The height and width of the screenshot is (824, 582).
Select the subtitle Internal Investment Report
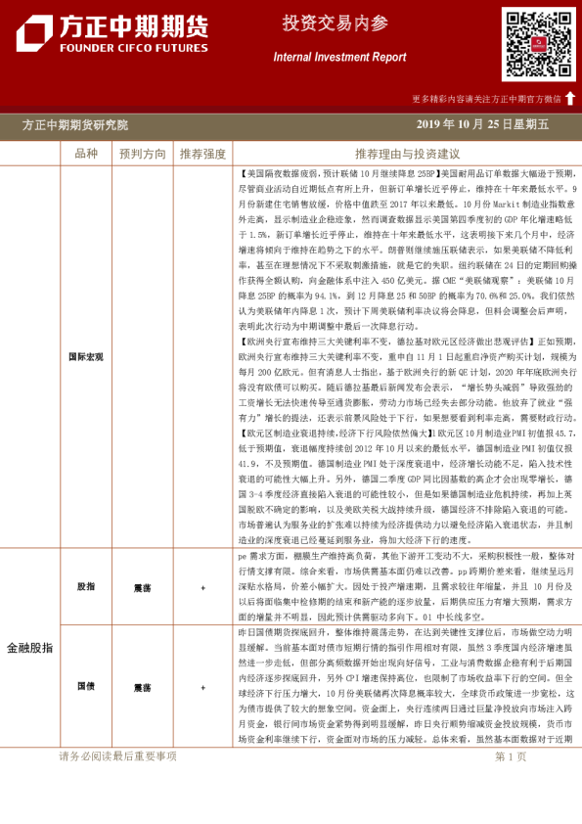point(339,57)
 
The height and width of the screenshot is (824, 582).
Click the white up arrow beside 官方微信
point(570,98)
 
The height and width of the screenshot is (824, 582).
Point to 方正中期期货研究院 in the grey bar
point(75,125)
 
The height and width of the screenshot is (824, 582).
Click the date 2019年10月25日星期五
point(482,125)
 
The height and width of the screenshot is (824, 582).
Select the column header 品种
point(86,154)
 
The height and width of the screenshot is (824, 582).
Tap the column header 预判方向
point(143,154)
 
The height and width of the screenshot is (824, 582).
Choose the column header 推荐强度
point(202,154)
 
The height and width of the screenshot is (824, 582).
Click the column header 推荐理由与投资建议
point(407,154)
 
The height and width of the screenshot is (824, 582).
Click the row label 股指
point(86,586)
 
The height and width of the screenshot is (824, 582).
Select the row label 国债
point(86,687)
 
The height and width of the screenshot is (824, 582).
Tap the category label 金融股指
point(30,648)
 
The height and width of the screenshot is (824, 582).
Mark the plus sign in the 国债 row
point(202,687)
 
